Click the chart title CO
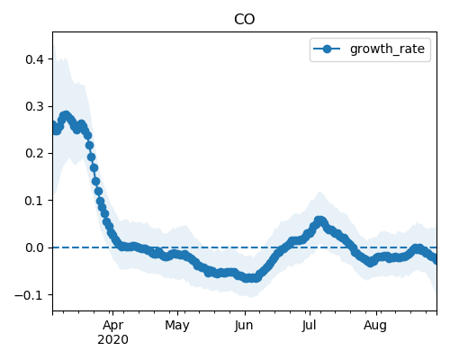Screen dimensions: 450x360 point(244,20)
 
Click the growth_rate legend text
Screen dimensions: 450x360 point(387,49)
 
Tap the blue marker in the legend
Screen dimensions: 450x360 point(327,49)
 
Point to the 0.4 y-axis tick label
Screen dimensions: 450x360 point(34,59)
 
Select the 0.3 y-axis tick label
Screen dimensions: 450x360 point(34,106)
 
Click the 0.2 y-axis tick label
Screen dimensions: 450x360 point(34,153)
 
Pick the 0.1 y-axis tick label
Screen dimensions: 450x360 point(34,201)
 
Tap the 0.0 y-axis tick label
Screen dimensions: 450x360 point(34,247)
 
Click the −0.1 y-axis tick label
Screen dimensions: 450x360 point(29,295)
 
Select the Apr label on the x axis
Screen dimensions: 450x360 point(112,325)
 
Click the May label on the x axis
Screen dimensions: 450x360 point(177,325)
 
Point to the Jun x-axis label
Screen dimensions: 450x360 point(244,325)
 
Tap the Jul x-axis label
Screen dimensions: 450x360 point(309,325)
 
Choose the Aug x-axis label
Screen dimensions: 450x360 point(375,325)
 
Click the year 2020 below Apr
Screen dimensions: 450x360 point(112,339)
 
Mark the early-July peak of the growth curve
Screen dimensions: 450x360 point(319,220)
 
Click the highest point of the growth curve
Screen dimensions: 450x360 point(66,115)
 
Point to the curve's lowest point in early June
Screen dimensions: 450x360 point(249,278)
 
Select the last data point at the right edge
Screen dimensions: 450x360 point(436,259)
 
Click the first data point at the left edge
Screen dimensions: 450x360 point(53,125)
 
